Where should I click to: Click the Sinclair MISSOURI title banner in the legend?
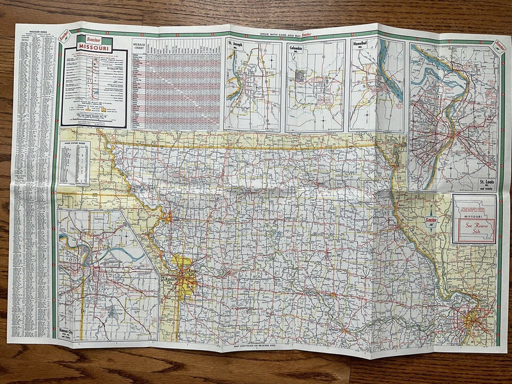[x=95, y=45]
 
